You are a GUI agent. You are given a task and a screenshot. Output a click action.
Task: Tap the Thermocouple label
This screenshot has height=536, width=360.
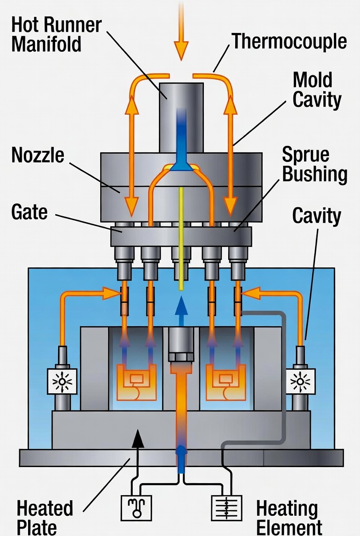click(289, 42)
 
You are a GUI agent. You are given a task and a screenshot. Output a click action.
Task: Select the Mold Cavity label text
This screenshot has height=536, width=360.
click(316, 89)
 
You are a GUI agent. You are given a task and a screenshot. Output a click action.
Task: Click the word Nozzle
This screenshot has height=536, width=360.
click(38, 156)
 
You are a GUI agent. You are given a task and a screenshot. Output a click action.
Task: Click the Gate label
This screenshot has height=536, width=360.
click(29, 212)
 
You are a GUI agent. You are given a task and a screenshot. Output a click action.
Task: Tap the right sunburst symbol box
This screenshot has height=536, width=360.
click(301, 380)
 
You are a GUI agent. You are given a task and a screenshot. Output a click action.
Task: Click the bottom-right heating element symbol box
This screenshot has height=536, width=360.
click(226, 508)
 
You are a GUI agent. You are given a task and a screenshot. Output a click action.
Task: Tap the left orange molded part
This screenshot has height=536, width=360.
click(136, 381)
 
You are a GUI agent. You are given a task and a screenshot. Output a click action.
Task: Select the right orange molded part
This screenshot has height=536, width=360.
click(225, 381)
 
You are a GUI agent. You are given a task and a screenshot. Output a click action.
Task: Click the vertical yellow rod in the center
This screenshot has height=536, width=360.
click(181, 239)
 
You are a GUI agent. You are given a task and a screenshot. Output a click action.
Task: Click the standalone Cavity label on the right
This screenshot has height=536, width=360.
click(316, 216)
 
